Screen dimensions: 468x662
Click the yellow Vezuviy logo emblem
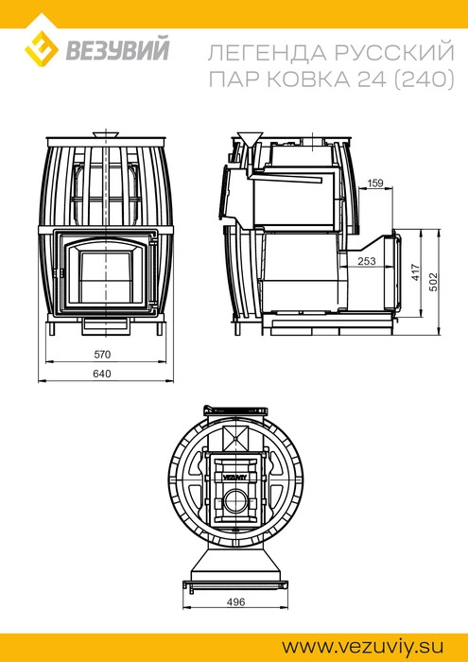(41, 48)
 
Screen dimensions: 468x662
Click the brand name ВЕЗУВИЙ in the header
(117, 48)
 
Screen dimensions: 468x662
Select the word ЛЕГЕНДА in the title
(268, 54)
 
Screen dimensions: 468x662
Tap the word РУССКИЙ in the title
(395, 53)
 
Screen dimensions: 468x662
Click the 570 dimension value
(102, 355)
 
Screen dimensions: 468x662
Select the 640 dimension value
(102, 375)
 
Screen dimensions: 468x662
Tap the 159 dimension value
(375, 183)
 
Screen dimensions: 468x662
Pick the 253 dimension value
(367, 261)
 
